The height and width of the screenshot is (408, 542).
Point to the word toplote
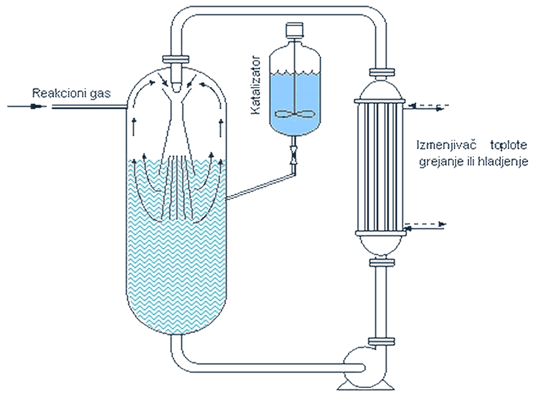click(x=509, y=145)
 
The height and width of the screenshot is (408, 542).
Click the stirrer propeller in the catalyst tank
click(x=295, y=113)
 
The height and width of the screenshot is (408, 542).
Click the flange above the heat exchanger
click(x=382, y=72)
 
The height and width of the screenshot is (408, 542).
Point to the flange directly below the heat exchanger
click(x=382, y=262)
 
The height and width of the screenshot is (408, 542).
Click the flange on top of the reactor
click(x=176, y=59)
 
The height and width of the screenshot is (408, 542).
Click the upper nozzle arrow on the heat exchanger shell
click(x=429, y=106)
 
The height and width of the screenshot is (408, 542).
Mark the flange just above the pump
click(x=382, y=342)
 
